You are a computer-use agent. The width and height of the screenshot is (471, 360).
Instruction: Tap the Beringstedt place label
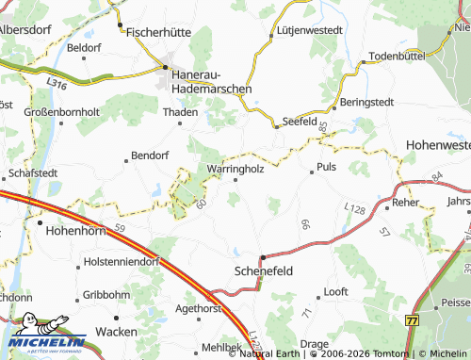[x=369, y=101]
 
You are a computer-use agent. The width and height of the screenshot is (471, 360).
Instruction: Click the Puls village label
[x=327, y=167]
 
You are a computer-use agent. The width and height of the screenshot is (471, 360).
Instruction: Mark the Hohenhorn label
[x=73, y=227]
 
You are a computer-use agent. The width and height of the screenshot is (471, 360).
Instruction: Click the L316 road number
[x=57, y=84]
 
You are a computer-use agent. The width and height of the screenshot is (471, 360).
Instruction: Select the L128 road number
[x=354, y=207]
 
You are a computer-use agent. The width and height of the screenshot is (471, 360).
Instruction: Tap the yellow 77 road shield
[x=412, y=320]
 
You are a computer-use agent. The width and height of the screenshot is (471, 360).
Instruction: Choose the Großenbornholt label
[x=56, y=110]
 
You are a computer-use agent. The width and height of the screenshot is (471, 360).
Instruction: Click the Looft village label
[x=336, y=291]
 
